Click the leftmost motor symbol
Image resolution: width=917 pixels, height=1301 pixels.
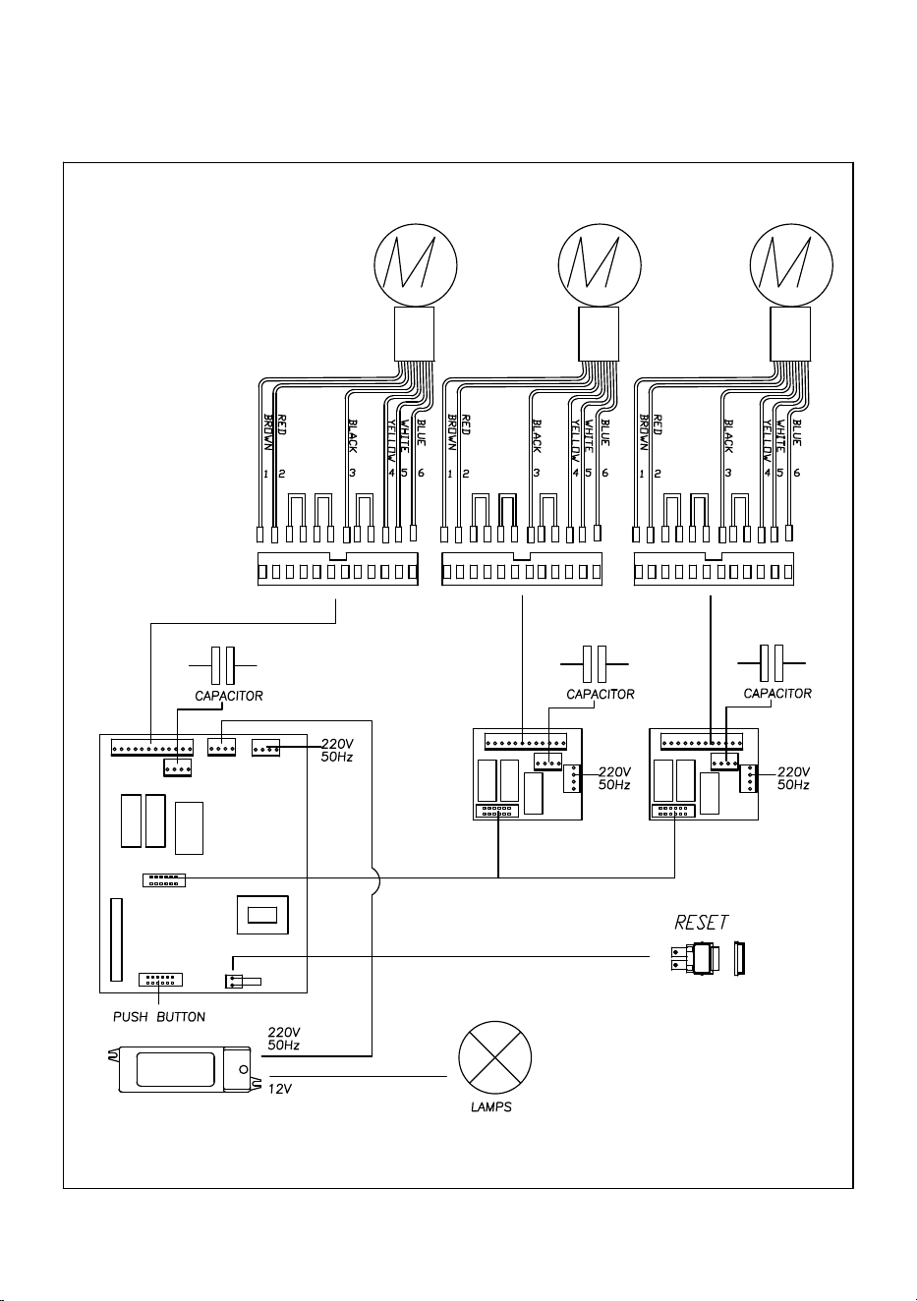click(x=416, y=265)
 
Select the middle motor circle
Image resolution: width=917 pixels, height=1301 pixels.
click(x=600, y=265)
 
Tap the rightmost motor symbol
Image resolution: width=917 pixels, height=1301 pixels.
click(x=791, y=265)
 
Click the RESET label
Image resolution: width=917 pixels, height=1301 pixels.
click(x=701, y=923)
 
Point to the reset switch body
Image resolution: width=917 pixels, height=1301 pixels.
click(x=697, y=959)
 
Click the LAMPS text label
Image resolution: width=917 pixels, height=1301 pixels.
click(x=491, y=1107)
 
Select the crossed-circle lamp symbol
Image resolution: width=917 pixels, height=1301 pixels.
click(x=494, y=1057)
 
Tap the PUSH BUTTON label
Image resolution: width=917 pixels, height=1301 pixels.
click(x=158, y=1017)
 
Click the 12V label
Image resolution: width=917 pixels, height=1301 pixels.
click(x=279, y=1089)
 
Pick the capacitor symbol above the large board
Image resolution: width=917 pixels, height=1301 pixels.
click(x=222, y=665)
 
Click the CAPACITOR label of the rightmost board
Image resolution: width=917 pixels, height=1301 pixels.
click(x=777, y=693)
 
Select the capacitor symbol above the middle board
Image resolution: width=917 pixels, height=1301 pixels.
click(x=594, y=664)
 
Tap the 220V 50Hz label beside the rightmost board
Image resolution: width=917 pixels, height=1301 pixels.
click(x=793, y=778)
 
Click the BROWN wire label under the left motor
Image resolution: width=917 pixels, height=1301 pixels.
click(x=268, y=432)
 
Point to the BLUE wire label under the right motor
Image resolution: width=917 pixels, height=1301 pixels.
click(x=797, y=432)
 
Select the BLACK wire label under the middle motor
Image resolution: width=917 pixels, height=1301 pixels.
click(x=537, y=436)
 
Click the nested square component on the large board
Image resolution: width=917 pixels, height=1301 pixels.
click(x=262, y=915)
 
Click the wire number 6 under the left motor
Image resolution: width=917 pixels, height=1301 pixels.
click(x=421, y=473)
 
